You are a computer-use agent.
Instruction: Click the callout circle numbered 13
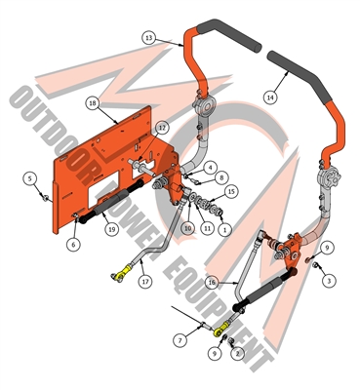149,38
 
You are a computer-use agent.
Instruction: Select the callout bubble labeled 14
270,97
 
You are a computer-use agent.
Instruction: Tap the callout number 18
93,103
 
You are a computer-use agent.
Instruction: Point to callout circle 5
30,178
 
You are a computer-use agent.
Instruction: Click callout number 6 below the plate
73,244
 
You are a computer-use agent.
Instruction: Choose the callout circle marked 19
111,229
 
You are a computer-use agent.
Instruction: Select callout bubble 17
145,282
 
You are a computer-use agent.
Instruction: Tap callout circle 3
329,280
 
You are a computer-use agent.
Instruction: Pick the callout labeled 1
224,230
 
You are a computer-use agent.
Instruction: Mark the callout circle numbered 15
231,192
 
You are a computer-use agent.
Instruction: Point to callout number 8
221,177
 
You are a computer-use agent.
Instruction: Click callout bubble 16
212,283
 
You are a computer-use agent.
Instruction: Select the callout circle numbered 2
237,353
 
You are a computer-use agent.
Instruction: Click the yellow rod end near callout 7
221,329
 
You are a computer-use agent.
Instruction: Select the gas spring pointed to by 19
110,203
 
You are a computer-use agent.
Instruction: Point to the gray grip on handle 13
229,35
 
